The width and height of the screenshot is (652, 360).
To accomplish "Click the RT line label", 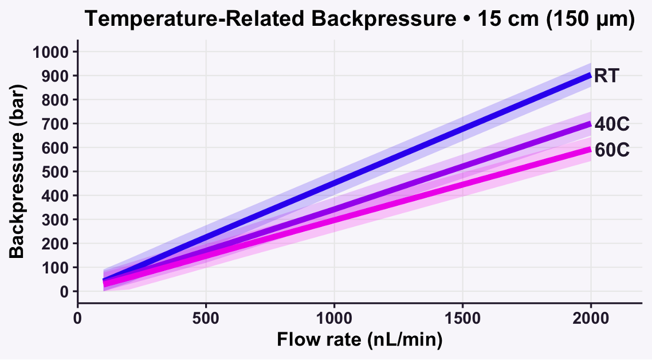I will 606,76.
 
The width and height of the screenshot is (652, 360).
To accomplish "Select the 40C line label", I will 612,124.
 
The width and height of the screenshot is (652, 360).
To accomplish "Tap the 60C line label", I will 612,150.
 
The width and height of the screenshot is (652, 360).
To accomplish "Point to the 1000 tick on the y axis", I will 51,52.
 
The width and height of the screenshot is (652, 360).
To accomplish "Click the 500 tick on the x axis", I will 206,318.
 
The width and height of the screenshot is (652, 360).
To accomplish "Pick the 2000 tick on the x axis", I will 591,318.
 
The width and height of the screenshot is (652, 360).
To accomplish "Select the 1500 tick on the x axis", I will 462,318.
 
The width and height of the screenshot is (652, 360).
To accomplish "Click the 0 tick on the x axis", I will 78,318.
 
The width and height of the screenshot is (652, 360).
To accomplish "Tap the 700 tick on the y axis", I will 56,124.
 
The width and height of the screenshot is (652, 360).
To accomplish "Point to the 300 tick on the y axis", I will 56,220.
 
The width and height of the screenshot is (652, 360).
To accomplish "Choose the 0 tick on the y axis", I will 65,291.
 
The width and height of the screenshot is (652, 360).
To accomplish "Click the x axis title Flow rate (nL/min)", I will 359,340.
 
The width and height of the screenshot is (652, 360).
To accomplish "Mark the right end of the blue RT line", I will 590,75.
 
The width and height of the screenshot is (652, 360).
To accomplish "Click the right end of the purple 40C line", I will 590,123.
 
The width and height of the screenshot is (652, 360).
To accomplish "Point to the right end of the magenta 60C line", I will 590,149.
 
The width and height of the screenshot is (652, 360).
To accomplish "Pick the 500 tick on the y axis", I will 56,171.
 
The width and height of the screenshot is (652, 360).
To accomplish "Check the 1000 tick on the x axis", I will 334,318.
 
